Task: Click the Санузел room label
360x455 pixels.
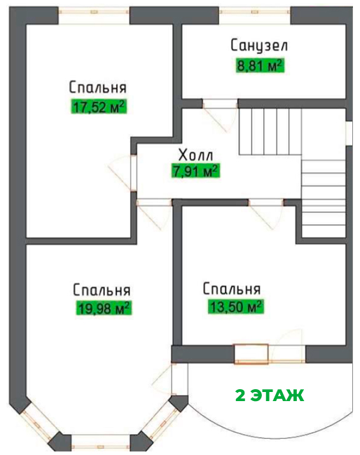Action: [259, 45]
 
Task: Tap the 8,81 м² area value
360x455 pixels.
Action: [260, 66]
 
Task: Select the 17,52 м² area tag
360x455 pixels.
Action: [99, 106]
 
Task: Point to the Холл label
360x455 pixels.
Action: [196, 155]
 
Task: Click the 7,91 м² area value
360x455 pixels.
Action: [195, 171]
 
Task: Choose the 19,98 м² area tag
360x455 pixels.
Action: [104, 308]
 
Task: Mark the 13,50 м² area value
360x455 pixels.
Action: [236, 307]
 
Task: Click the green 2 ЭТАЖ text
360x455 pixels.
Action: [270, 395]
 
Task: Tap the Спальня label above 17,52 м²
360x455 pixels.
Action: [98, 87]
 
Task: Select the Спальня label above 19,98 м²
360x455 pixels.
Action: [102, 290]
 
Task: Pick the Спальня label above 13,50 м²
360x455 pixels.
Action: [232, 288]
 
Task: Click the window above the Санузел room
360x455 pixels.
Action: [255, 12]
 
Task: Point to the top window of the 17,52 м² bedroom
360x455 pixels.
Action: [94, 12]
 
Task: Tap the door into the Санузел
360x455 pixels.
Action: [220, 115]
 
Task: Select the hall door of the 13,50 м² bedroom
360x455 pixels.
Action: [265, 214]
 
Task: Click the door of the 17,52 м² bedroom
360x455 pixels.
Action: [122, 174]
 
